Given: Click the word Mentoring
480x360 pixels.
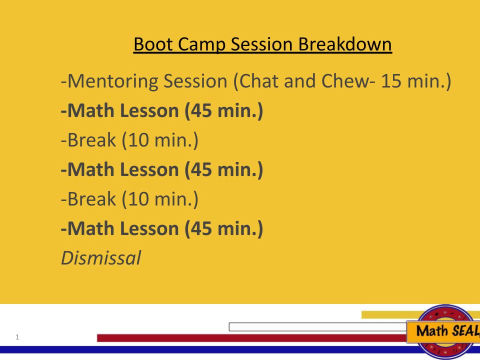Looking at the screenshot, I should (x=107, y=81).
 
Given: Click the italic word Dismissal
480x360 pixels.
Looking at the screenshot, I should (x=100, y=257).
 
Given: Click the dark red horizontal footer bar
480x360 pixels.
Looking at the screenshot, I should (x=250, y=338).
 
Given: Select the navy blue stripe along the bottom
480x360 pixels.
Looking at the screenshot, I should (x=200, y=350).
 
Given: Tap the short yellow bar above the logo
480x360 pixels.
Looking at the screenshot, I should (x=385, y=314).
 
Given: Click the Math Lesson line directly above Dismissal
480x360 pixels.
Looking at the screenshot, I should (x=161, y=228).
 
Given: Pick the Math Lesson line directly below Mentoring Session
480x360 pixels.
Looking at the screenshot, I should (x=161, y=111).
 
